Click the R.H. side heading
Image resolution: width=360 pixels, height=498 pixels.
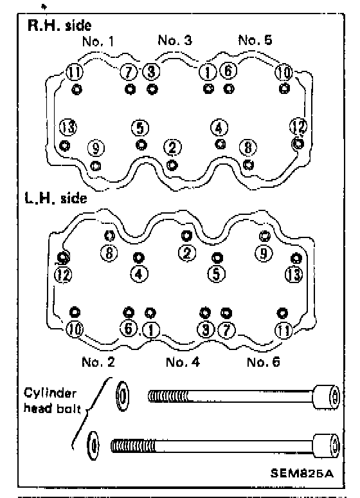[59, 25]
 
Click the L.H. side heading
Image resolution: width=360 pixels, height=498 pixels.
[56, 198]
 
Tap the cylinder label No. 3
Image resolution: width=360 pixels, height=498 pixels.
[175, 40]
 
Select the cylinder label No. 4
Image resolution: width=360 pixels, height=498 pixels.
[183, 362]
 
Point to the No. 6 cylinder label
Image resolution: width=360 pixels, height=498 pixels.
[263, 362]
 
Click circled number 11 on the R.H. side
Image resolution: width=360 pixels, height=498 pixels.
[75, 73]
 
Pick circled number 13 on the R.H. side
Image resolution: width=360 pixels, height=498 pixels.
[68, 127]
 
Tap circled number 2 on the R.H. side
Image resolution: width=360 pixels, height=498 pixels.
[172, 148]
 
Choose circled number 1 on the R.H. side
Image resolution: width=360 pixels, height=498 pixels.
[208, 73]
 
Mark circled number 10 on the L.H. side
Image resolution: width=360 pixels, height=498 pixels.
[75, 329]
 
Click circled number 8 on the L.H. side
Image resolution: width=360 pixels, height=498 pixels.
[109, 253]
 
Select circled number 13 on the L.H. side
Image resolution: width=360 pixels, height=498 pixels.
[294, 274]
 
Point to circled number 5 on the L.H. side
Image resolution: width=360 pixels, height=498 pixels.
[217, 274]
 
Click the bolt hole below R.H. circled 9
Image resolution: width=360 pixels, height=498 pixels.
[96, 165]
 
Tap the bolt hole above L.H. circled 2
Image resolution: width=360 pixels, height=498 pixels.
[186, 235]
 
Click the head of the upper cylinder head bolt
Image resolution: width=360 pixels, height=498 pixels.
[327, 396]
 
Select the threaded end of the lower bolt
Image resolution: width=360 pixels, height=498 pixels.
[133, 446]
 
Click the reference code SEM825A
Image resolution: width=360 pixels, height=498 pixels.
[302, 474]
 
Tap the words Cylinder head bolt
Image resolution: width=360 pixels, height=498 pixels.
[52, 401]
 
